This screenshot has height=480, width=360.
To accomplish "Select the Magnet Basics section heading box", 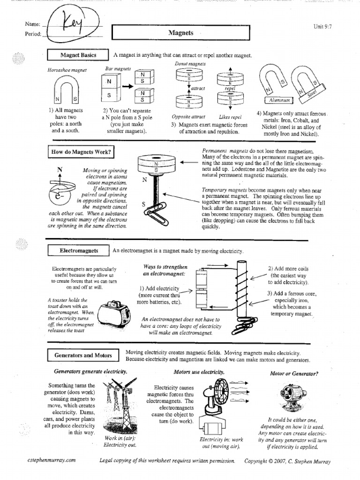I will coord(78,55).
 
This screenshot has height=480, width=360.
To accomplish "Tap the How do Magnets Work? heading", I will coord(81,152).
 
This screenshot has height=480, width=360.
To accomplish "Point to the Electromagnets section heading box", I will coord(79,251).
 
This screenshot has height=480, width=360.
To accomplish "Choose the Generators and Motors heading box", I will coord(83,355).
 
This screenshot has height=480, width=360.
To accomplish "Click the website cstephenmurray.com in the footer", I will coord(51,461).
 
